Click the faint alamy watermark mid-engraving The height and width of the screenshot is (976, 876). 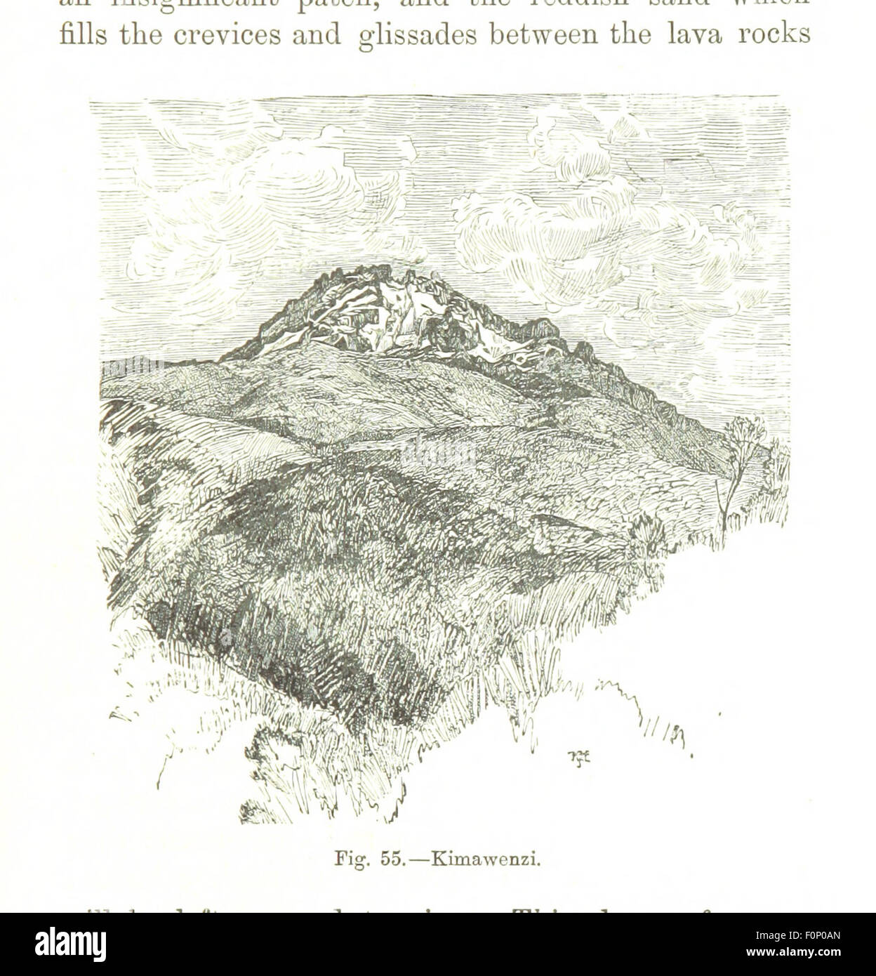point(438,453)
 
